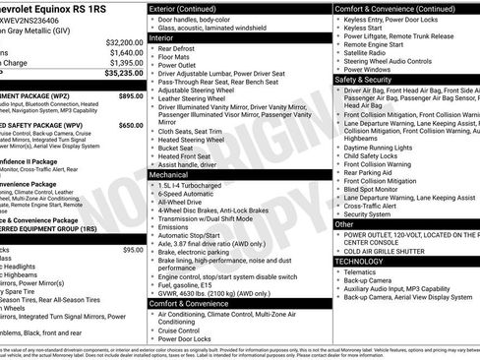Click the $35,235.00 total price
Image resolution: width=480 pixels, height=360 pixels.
(122, 73)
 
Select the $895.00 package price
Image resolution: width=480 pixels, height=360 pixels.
(131, 96)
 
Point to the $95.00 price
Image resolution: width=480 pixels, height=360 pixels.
(133, 250)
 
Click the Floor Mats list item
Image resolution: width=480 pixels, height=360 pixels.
(178, 59)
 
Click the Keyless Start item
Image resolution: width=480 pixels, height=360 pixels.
(364, 30)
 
